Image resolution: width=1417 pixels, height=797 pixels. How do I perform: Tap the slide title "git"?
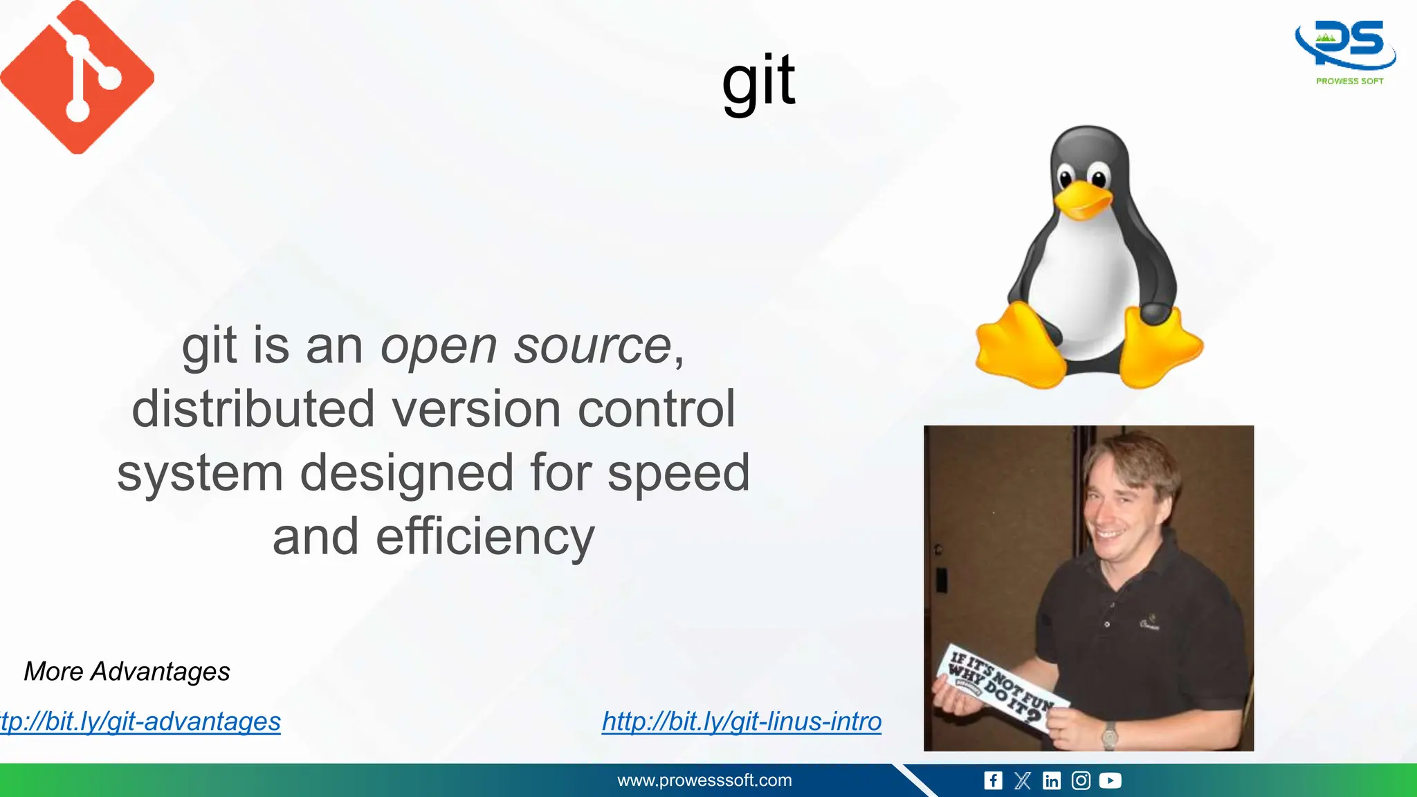[758, 82]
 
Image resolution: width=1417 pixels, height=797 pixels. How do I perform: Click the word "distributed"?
[254, 409]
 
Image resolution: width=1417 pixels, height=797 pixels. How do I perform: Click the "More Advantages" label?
[127, 671]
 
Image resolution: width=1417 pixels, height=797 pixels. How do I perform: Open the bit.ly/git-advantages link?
[140, 721]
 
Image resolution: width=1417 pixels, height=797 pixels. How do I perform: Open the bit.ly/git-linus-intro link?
[742, 721]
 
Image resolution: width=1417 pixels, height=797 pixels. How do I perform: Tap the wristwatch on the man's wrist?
[1109, 735]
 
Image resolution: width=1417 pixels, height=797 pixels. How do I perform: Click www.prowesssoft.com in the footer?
[704, 780]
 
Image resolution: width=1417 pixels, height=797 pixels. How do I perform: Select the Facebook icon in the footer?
[993, 780]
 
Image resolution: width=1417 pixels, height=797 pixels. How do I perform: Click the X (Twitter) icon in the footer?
[1022, 780]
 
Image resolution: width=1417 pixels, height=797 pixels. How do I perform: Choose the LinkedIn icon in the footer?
[1052, 780]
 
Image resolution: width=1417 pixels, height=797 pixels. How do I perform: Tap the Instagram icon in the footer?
[1081, 780]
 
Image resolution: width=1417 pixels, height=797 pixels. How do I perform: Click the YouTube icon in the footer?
[1110, 780]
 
